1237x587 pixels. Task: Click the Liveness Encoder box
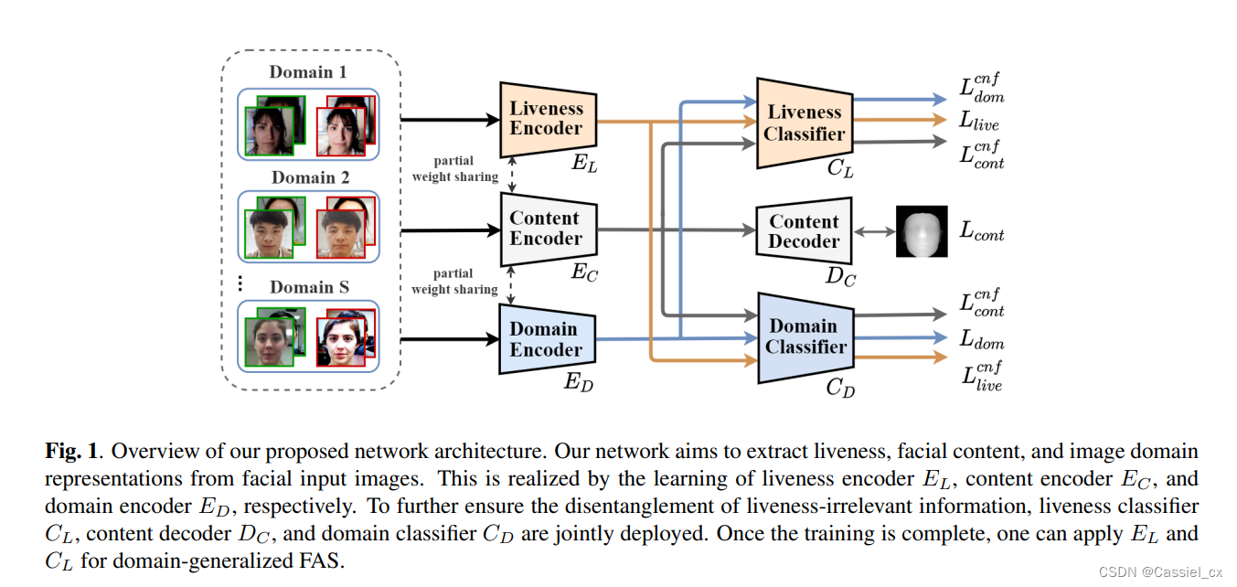point(548,119)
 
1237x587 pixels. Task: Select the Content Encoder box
point(549,229)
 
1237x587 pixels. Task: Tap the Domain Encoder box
point(548,339)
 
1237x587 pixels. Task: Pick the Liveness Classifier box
point(805,123)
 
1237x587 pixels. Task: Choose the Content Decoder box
point(804,230)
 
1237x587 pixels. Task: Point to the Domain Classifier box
point(805,337)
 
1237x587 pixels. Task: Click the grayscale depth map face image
point(922,231)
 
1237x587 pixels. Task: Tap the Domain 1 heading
point(307,72)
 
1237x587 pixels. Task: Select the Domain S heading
point(309,287)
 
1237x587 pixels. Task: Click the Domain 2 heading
point(310,177)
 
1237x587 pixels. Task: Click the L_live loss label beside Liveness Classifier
point(979,121)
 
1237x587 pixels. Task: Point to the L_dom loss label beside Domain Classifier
point(981,338)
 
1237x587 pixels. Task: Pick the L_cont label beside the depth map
point(981,230)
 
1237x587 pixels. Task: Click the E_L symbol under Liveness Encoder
point(584,163)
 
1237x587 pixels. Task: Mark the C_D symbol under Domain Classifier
point(840,388)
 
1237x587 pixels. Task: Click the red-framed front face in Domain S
point(341,342)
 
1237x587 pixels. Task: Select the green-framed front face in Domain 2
point(269,234)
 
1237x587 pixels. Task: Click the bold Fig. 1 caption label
point(71,451)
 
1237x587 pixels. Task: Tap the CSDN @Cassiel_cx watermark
point(1160,572)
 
